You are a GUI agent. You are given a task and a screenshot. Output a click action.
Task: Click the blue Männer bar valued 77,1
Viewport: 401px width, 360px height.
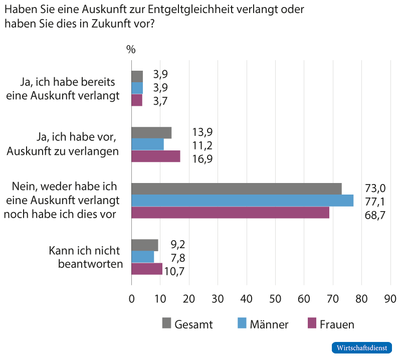click(242, 201)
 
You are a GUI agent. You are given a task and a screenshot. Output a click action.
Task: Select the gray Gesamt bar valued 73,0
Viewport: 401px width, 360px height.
click(236, 189)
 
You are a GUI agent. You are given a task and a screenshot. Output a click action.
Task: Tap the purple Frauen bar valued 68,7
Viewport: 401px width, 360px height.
click(230, 213)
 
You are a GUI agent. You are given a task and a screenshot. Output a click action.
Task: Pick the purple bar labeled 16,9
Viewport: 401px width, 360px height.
click(156, 156)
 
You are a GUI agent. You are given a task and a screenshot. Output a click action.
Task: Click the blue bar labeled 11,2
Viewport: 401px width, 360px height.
click(147, 144)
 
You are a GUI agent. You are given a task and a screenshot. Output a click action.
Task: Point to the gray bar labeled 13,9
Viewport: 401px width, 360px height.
click(151, 132)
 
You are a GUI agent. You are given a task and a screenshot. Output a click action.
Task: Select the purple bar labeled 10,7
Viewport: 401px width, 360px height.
click(147, 269)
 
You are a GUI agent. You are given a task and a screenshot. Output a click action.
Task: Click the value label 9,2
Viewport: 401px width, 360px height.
click(178, 246)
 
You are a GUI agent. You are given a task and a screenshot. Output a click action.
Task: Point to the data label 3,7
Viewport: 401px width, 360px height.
click(160, 101)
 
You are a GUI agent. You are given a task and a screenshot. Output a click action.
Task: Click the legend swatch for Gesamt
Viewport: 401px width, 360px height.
click(166, 323)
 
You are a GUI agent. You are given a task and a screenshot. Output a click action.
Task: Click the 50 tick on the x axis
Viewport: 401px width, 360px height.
click(275, 299)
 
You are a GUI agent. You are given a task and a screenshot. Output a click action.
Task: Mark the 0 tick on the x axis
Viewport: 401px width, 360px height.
click(131, 299)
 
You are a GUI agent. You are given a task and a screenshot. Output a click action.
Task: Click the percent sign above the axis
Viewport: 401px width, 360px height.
click(131, 50)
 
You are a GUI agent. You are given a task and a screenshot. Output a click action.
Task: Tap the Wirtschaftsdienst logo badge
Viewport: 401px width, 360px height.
click(361, 347)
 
